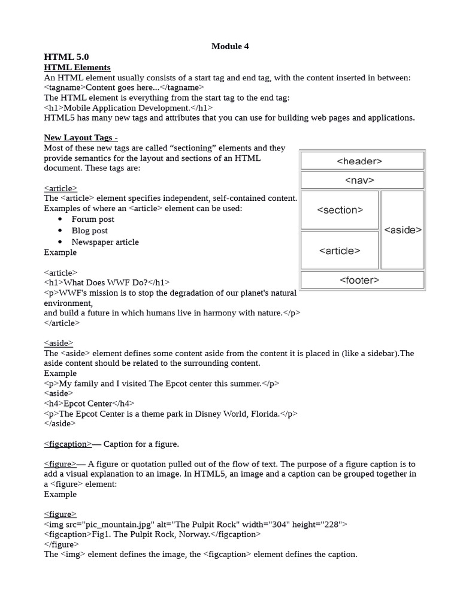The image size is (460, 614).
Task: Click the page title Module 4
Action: pyautogui.click(x=230, y=46)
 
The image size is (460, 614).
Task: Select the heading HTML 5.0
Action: pyautogui.click(x=66, y=57)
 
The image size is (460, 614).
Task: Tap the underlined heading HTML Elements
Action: pyautogui.click(x=77, y=67)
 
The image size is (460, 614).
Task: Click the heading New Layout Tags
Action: pyautogui.click(x=80, y=137)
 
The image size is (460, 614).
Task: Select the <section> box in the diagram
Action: pyautogui.click(x=340, y=210)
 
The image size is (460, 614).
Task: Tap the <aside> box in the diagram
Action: pyautogui.click(x=402, y=230)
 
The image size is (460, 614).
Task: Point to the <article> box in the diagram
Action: pyautogui.click(x=340, y=251)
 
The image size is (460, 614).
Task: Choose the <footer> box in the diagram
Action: pyautogui.click(x=362, y=280)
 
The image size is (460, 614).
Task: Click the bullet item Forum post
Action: pyautogui.click(x=93, y=219)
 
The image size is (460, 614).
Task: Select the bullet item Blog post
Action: pyautogui.click(x=90, y=231)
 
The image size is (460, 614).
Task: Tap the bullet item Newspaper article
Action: pyautogui.click(x=105, y=242)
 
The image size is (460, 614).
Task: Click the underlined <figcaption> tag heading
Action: pyautogui.click(x=68, y=444)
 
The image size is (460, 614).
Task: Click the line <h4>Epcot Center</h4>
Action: pyautogui.click(x=89, y=404)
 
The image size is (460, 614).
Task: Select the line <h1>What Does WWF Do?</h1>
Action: pyautogui.click(x=107, y=282)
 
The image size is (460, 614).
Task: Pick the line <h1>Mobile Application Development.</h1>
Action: pyautogui.click(x=128, y=108)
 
